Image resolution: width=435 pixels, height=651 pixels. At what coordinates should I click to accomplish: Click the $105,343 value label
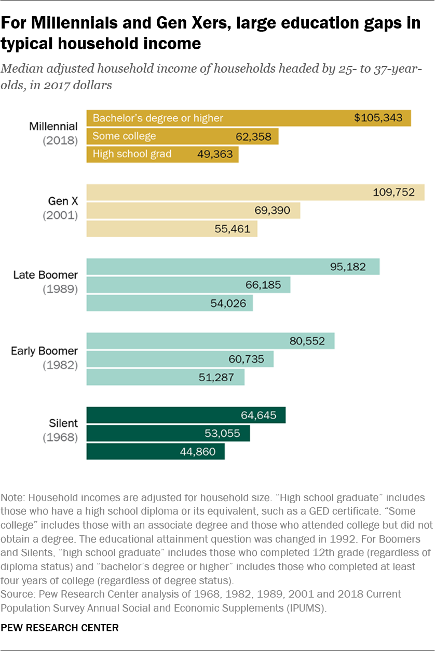(x=378, y=118)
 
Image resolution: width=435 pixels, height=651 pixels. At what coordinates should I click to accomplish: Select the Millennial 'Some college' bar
(x=182, y=136)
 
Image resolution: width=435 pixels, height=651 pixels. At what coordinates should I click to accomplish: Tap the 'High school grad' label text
(x=132, y=154)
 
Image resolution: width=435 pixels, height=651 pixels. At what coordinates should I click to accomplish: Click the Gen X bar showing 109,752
(x=255, y=192)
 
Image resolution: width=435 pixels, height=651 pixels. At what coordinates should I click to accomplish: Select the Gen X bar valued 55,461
(x=171, y=229)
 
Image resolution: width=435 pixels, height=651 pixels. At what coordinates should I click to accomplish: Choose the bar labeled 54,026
(x=169, y=303)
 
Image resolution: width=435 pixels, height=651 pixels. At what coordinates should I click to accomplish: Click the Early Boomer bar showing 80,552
(x=210, y=341)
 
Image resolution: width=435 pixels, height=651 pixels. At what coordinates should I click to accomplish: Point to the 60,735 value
(x=246, y=359)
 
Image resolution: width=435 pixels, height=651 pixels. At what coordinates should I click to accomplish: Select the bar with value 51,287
(x=165, y=377)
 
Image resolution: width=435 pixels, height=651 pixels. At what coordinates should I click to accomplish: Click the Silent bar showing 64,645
(x=186, y=415)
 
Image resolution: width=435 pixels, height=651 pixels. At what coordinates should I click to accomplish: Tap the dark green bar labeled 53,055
(x=168, y=433)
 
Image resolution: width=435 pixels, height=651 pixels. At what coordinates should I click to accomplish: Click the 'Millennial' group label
(x=53, y=127)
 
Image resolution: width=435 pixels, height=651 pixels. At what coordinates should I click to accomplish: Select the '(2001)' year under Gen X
(x=60, y=215)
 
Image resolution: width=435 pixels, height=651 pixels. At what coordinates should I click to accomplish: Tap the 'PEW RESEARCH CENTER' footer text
(x=60, y=628)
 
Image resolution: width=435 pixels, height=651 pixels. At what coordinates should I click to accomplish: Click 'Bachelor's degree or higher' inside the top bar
(x=158, y=118)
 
